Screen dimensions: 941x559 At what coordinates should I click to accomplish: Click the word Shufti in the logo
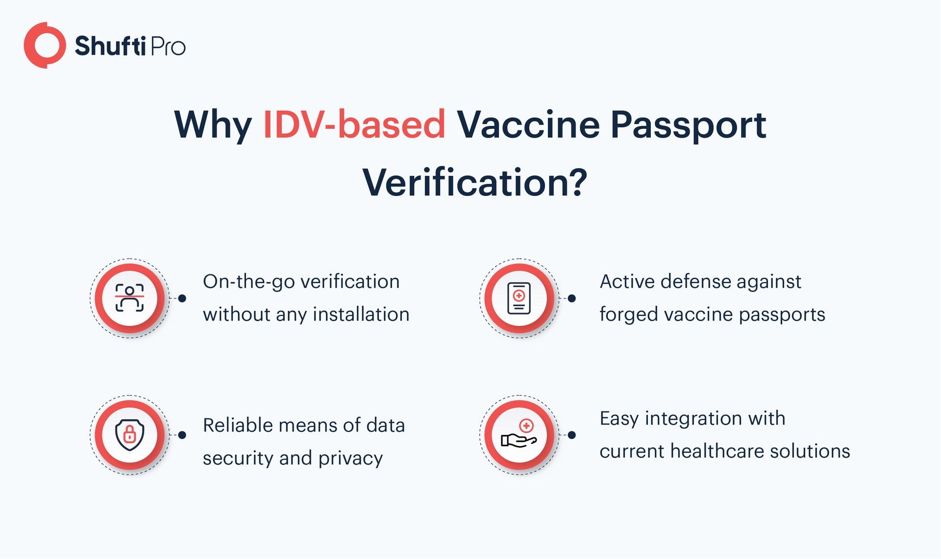click(x=110, y=46)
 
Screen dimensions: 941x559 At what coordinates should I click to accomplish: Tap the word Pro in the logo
click(x=168, y=47)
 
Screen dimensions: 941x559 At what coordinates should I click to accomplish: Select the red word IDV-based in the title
click(x=354, y=124)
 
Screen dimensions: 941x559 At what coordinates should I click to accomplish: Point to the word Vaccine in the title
click(x=528, y=124)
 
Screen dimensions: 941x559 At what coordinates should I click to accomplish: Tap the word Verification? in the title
click(x=474, y=182)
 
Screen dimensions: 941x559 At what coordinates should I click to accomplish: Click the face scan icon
click(x=129, y=298)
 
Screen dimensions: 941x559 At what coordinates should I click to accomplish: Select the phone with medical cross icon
click(x=519, y=298)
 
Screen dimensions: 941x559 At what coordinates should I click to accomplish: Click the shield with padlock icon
click(x=129, y=435)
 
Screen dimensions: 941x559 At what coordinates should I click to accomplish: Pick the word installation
click(x=361, y=314)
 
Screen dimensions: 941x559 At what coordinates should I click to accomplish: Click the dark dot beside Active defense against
click(x=571, y=298)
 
